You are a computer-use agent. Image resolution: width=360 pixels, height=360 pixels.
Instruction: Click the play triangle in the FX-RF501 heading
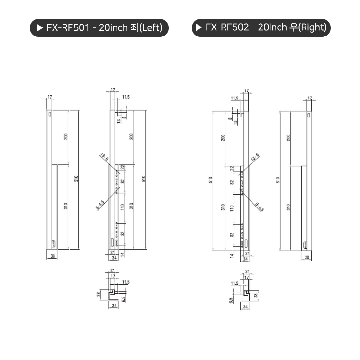coord(39,28)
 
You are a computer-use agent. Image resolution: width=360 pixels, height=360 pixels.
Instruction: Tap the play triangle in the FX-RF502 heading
coord(198,27)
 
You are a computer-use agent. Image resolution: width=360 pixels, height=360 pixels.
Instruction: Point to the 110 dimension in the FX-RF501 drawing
coord(122,207)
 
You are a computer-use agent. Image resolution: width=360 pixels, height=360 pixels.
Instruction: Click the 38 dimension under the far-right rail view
coord(307,257)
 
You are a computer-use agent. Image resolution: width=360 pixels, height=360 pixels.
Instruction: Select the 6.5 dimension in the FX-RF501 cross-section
coord(123,299)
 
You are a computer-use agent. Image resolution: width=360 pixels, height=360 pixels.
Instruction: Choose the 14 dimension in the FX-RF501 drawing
coord(122,255)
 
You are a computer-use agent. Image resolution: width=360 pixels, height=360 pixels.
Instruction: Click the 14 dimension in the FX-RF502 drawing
coord(232,256)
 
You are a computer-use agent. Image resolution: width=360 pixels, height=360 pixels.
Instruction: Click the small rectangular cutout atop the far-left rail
coord(50,114)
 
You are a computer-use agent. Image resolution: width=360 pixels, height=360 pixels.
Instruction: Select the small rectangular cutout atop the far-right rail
coord(309,114)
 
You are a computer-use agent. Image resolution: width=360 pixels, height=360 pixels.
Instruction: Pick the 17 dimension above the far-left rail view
coord(49,97)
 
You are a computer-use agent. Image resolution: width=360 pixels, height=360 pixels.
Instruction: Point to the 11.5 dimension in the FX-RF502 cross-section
coord(234,283)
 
